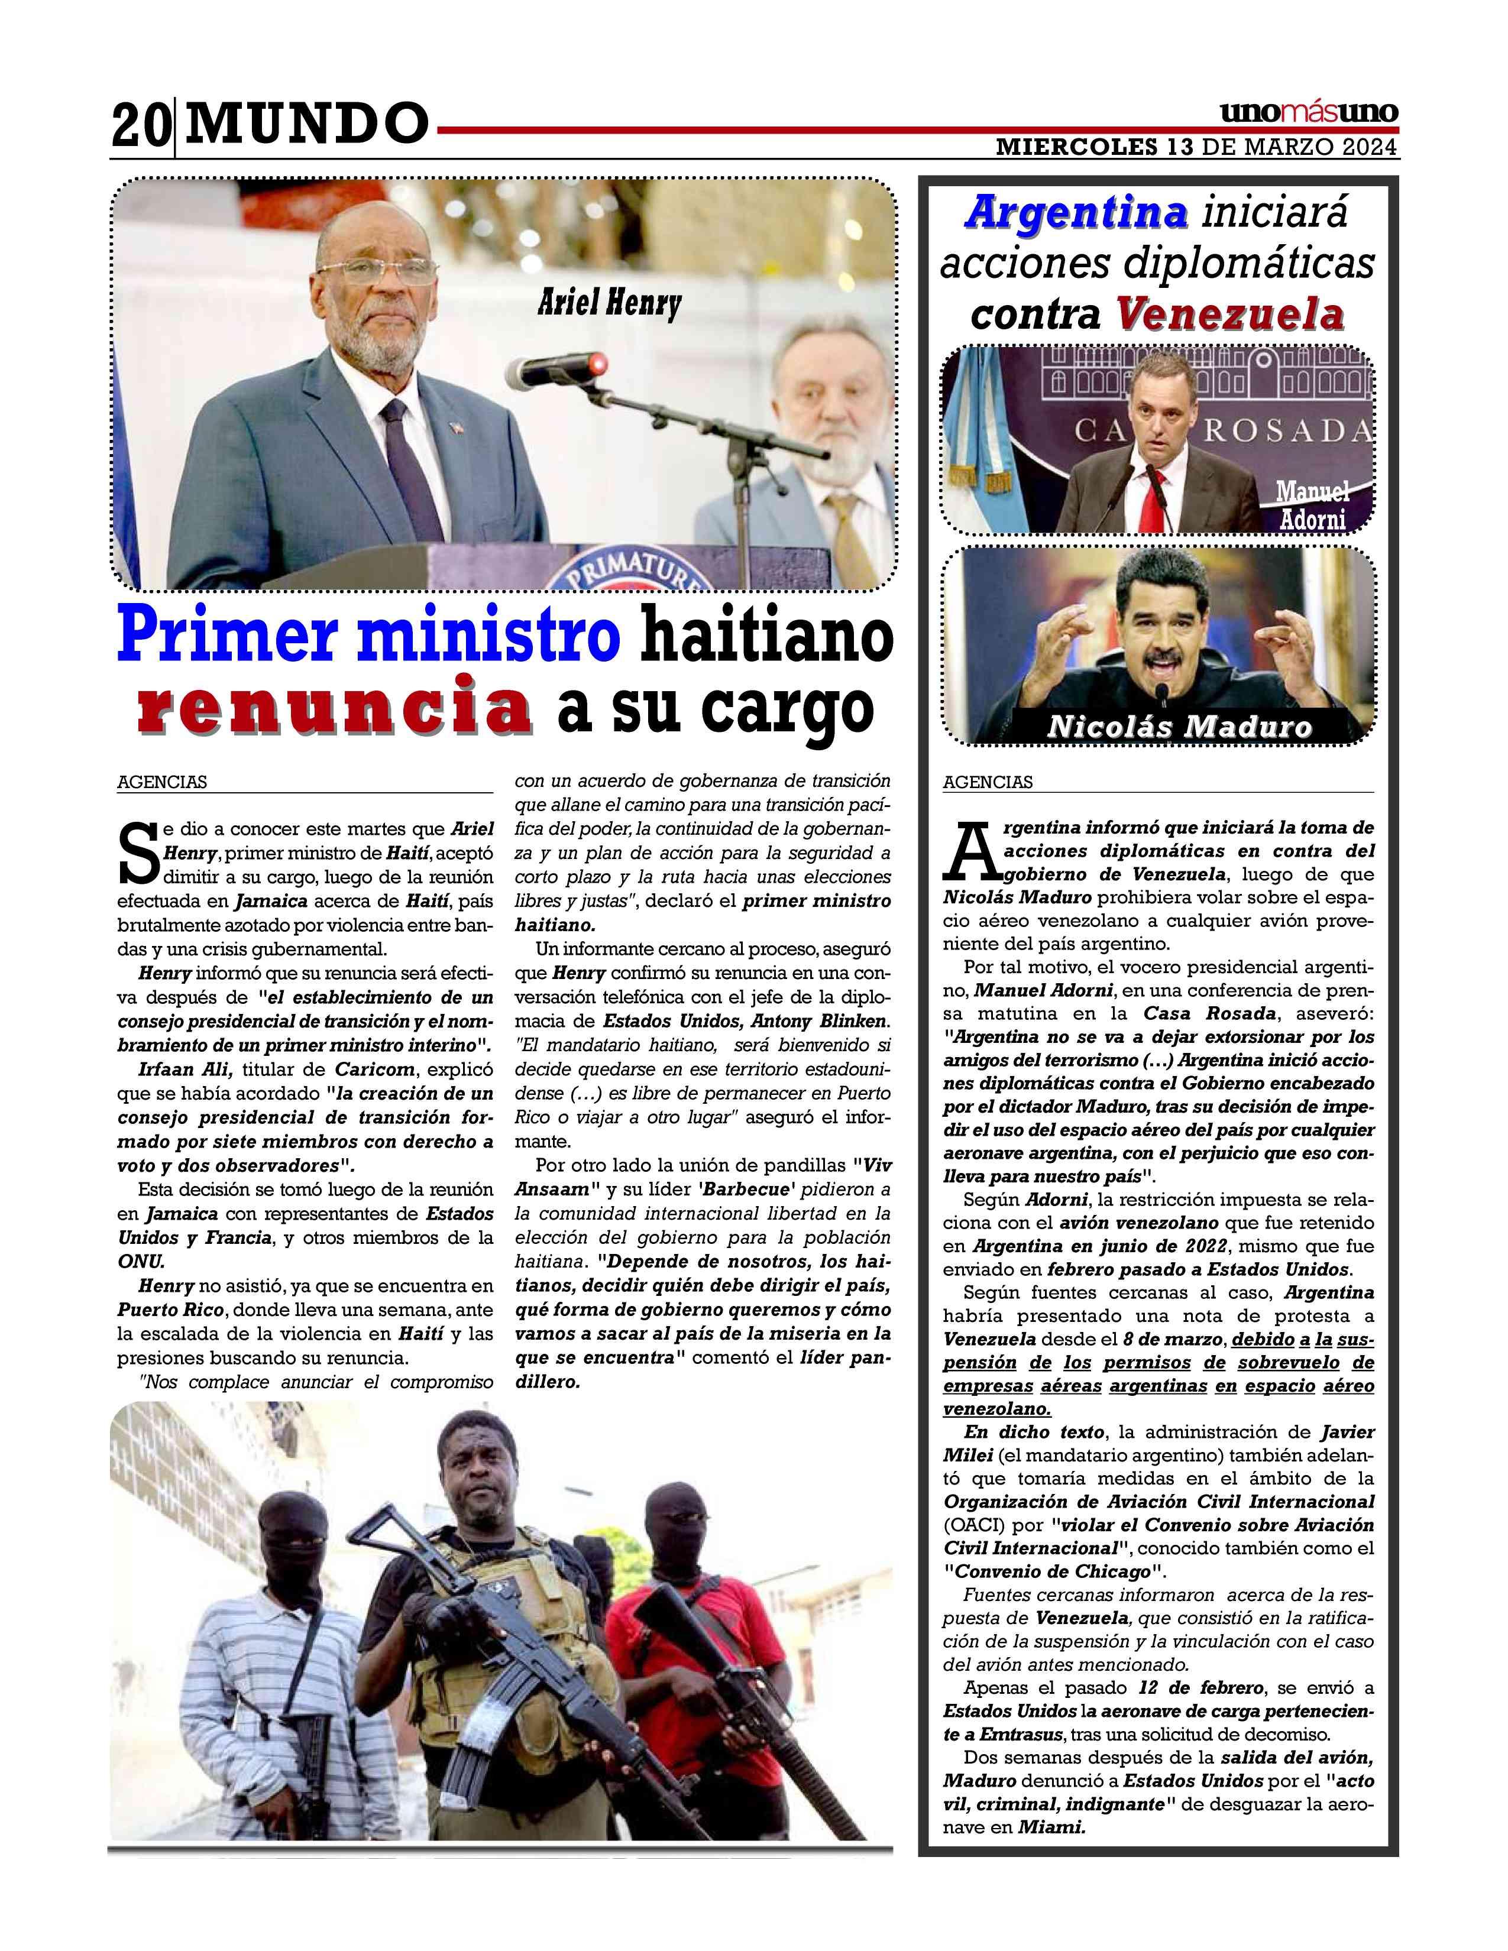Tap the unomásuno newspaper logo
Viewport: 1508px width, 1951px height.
1308,114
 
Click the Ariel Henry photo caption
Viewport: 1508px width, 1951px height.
609,304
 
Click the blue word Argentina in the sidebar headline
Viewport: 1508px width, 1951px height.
1076,213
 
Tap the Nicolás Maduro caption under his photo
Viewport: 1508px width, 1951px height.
1179,727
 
